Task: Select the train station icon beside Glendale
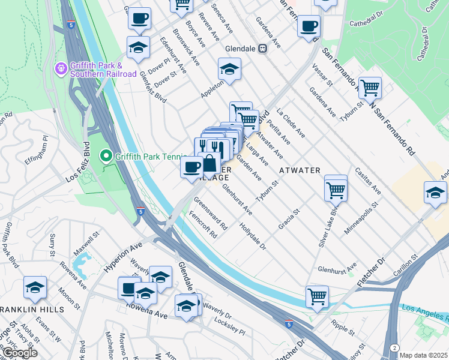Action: pyautogui.click(x=262, y=49)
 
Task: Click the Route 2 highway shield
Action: pyautogui.click(x=394, y=347)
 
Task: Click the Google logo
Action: pyautogui.click(x=20, y=353)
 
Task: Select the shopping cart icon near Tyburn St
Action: pyautogui.click(x=370, y=88)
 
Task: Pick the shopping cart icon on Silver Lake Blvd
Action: pyautogui.click(x=336, y=190)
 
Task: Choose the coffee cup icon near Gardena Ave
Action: pyautogui.click(x=309, y=26)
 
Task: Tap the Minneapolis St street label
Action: pyautogui.click(x=359, y=221)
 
